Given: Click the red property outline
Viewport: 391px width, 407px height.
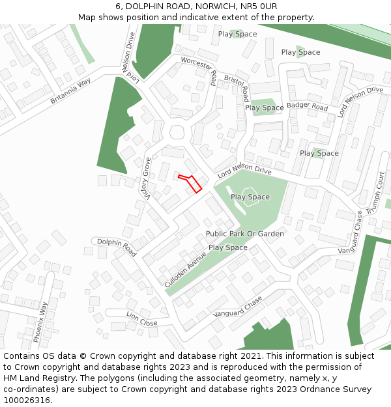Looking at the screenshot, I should (x=190, y=182).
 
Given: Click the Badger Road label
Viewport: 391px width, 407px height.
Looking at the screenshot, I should (x=307, y=106).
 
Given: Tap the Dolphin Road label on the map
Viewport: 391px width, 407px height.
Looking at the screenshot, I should (x=117, y=247).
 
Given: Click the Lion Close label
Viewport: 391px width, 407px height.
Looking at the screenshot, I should (x=142, y=319).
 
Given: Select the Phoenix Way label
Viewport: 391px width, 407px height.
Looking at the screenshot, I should (x=40, y=322).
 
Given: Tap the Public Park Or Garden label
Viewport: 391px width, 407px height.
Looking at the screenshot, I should (x=245, y=234).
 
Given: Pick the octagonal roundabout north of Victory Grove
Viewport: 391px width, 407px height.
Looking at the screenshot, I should (x=177, y=132).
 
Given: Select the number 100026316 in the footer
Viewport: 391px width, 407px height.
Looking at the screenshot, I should (x=27, y=400).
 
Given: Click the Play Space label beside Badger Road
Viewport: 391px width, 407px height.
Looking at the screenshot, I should (x=265, y=107).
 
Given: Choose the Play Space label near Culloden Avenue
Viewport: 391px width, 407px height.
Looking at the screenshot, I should (x=228, y=247).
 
